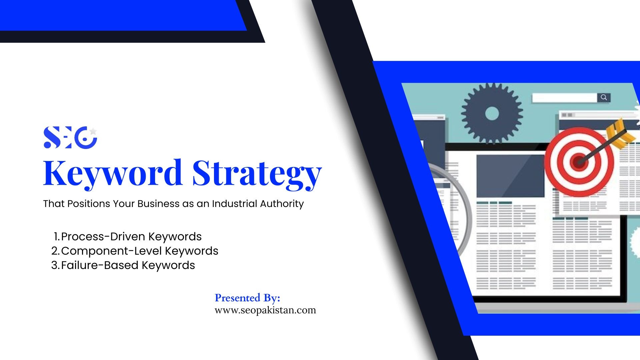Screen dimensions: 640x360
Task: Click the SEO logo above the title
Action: pyautogui.click(x=70, y=137)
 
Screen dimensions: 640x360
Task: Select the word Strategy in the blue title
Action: pyautogui.click(x=257, y=174)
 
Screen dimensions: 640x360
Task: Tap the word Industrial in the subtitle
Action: pyautogui.click(x=234, y=203)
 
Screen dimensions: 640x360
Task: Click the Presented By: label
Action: pyautogui.click(x=247, y=298)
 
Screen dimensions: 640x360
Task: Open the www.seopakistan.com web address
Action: pyautogui.click(x=265, y=310)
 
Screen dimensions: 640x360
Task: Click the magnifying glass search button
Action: pyautogui.click(x=604, y=97)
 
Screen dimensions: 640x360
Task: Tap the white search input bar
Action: pyautogui.click(x=564, y=98)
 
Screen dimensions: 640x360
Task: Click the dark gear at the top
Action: pyautogui.click(x=492, y=114)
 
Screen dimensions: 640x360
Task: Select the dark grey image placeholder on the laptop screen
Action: pyautogui.click(x=510, y=176)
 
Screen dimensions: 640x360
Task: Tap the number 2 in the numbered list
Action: pyautogui.click(x=55, y=251)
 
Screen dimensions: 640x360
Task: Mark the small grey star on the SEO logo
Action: pyautogui.click(x=93, y=131)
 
